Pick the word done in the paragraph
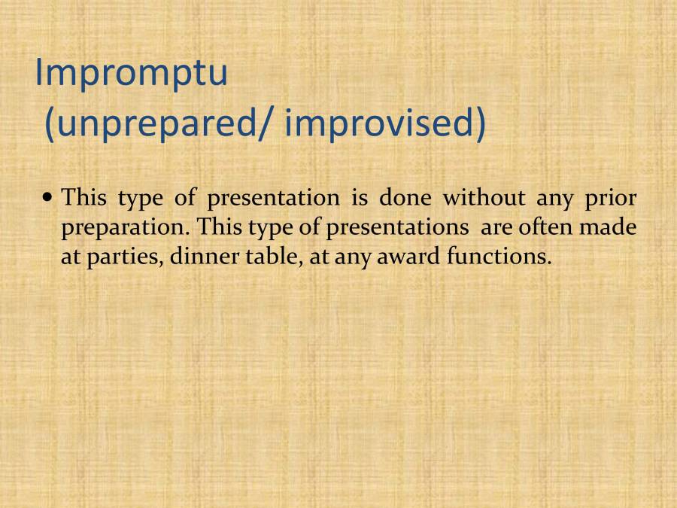tap(405, 198)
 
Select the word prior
tap(612, 198)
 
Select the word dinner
tap(196, 256)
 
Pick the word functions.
tap(499, 256)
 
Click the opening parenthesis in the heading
tap(50, 126)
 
